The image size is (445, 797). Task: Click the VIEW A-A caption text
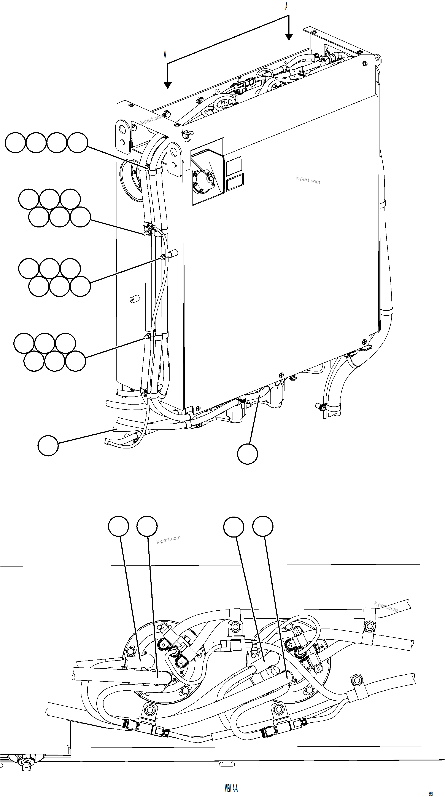coord(231,788)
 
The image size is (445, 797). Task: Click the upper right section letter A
coord(286,6)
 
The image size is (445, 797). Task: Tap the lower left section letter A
coord(165,54)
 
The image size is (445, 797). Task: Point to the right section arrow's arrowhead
coord(289,37)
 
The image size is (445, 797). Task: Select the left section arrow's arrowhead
coord(167,85)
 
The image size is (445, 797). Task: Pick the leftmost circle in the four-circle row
coord(15,143)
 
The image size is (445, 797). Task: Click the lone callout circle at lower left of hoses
coord(48,445)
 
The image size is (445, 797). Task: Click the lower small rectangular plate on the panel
coord(235,182)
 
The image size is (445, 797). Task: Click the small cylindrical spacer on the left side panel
coord(134,299)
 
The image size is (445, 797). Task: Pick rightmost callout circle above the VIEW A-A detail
coord(263,526)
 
